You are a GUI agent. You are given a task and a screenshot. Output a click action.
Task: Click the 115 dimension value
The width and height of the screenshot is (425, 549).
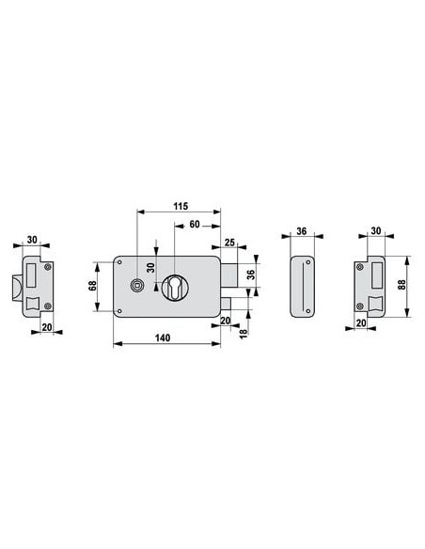tap(181, 206)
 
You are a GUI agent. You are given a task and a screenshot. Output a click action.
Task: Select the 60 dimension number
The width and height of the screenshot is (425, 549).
tap(195, 224)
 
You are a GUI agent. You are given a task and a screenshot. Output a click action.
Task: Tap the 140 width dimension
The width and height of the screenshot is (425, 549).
tap(163, 337)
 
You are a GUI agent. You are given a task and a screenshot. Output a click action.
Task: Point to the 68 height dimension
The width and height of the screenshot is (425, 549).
tap(92, 287)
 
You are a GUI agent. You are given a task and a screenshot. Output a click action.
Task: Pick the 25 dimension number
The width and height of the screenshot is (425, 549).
tap(229, 242)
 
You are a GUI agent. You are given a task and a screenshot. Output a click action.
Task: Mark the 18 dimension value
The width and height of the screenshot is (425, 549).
tap(244, 332)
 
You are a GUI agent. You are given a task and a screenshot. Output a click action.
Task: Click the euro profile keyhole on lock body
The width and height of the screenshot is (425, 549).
tap(174, 287)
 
